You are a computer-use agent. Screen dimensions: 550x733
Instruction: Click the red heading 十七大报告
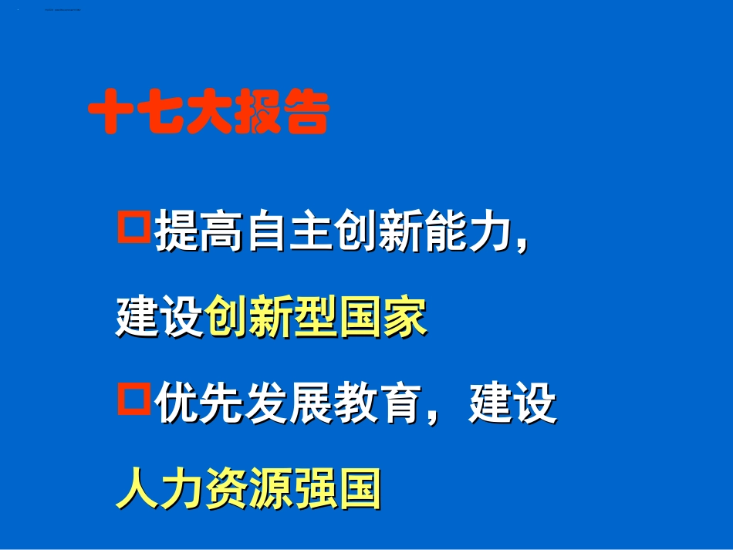[x=208, y=114]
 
